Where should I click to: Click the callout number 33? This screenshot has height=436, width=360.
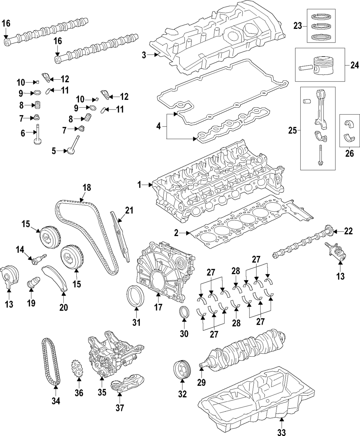282,432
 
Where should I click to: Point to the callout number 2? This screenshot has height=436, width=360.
176,233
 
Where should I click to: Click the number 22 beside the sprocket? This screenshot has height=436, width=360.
348,231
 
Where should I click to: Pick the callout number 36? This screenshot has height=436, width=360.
79,393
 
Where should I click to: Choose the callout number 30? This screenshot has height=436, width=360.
184,333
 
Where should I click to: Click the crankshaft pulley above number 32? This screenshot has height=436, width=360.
182,372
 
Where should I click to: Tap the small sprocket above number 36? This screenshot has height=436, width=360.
77,369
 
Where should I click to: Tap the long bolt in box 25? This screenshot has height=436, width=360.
320,155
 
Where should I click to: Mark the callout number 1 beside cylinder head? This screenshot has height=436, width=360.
139,184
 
